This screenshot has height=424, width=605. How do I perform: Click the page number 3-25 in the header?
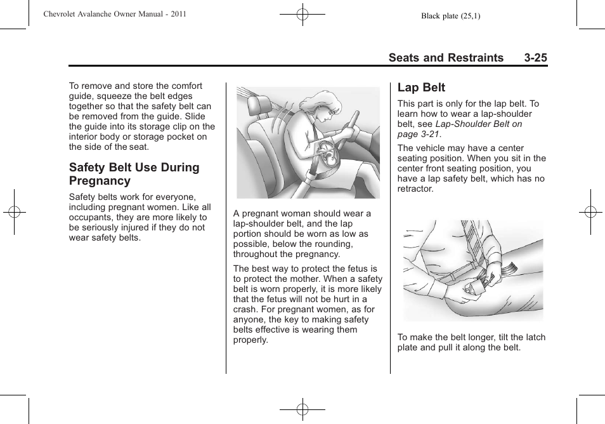[x=535, y=58]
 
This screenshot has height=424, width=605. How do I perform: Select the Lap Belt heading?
[x=421, y=88]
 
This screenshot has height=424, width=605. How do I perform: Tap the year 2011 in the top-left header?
[x=178, y=14]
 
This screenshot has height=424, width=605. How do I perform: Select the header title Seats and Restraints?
[x=446, y=58]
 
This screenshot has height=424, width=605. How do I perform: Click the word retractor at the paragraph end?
[x=415, y=189]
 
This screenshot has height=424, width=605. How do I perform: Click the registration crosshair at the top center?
[x=302, y=13]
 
